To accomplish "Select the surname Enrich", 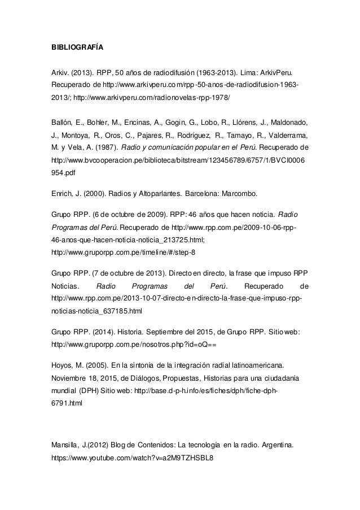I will pyautogui.click(x=62, y=194).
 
